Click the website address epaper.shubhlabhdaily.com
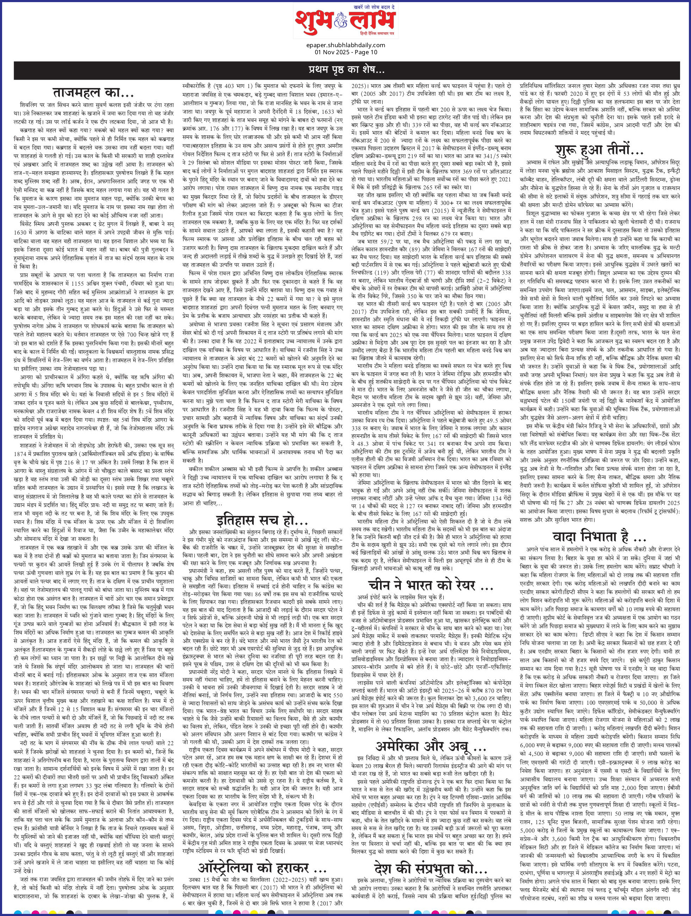pyautogui.click(x=345, y=45)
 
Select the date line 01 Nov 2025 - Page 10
pyautogui.click(x=345, y=52)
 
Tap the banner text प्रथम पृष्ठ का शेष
pyautogui.click(x=345, y=68)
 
